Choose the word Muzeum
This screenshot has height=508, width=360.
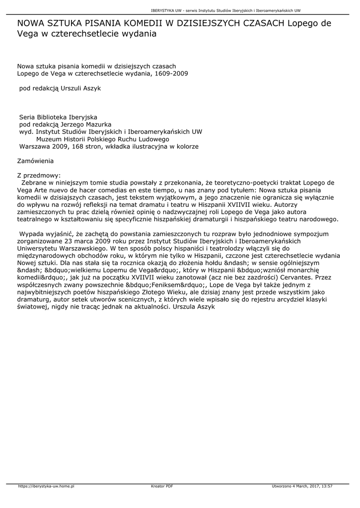pyautogui.click(x=57, y=139)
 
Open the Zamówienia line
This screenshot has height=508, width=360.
pyautogui.click(x=35, y=161)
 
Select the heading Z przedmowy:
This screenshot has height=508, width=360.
pyautogui.click(x=39, y=175)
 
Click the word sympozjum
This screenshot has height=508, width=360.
pyautogui.click(x=312, y=233)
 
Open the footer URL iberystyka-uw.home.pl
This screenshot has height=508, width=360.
pyautogui.click(x=46, y=486)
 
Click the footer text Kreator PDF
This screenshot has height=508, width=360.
pyautogui.click(x=162, y=486)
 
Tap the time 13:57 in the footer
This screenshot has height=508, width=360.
pyautogui.click(x=326, y=486)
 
